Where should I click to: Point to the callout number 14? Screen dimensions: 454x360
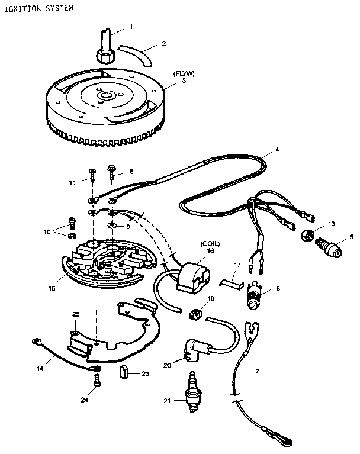(40, 368)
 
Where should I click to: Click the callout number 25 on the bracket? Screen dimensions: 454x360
(76, 313)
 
